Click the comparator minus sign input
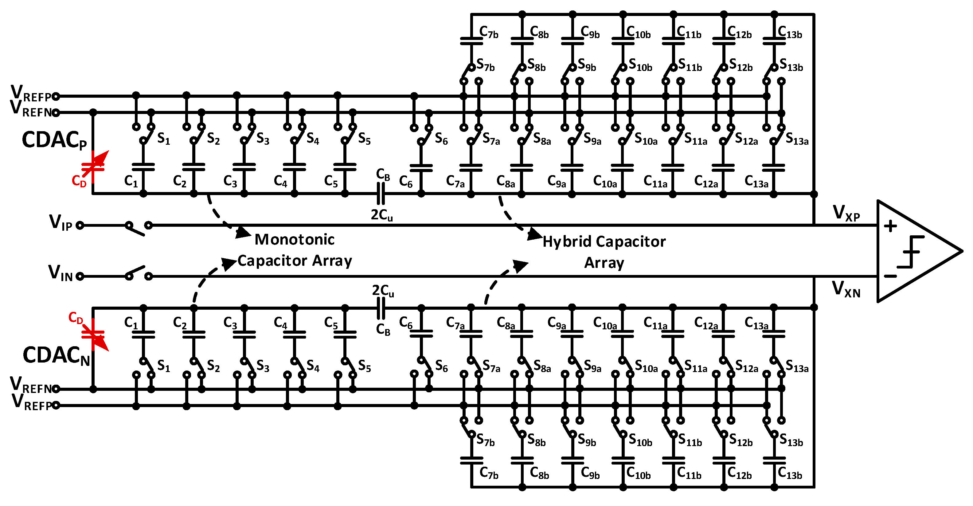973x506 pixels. (890, 276)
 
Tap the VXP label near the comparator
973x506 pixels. (846, 214)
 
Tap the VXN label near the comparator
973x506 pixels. (846, 289)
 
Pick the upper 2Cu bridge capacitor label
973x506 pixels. (381, 215)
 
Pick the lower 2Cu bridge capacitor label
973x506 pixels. (383, 290)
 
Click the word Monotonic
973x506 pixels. (294, 240)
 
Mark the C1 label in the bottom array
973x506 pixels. (131, 322)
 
